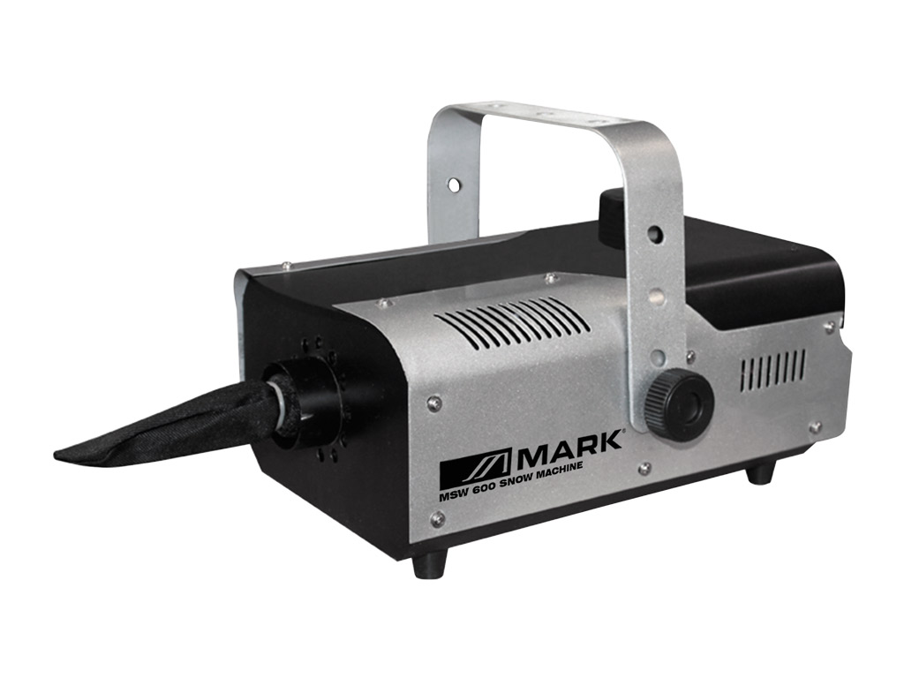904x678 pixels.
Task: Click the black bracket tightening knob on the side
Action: click(679, 402)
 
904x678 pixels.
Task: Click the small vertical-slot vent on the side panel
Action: click(772, 368)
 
